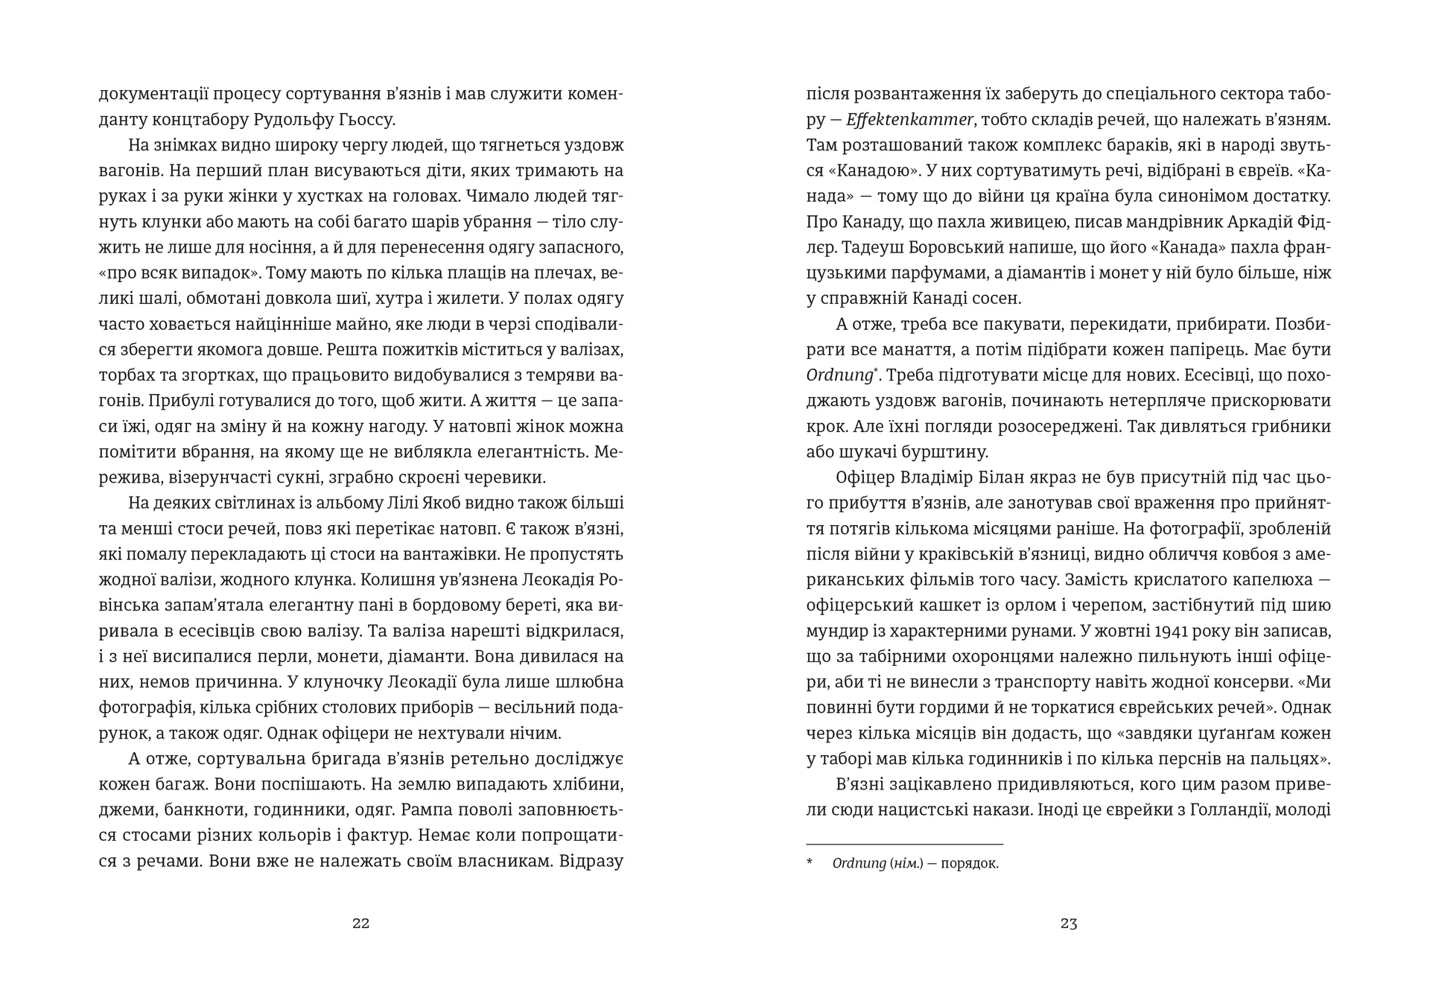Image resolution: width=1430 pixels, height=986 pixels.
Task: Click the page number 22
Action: click(360, 924)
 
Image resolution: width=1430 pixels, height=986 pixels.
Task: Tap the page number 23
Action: click(1069, 924)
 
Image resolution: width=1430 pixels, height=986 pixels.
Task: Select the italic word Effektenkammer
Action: click(911, 120)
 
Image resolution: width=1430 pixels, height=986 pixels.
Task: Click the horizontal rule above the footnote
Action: click(904, 844)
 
